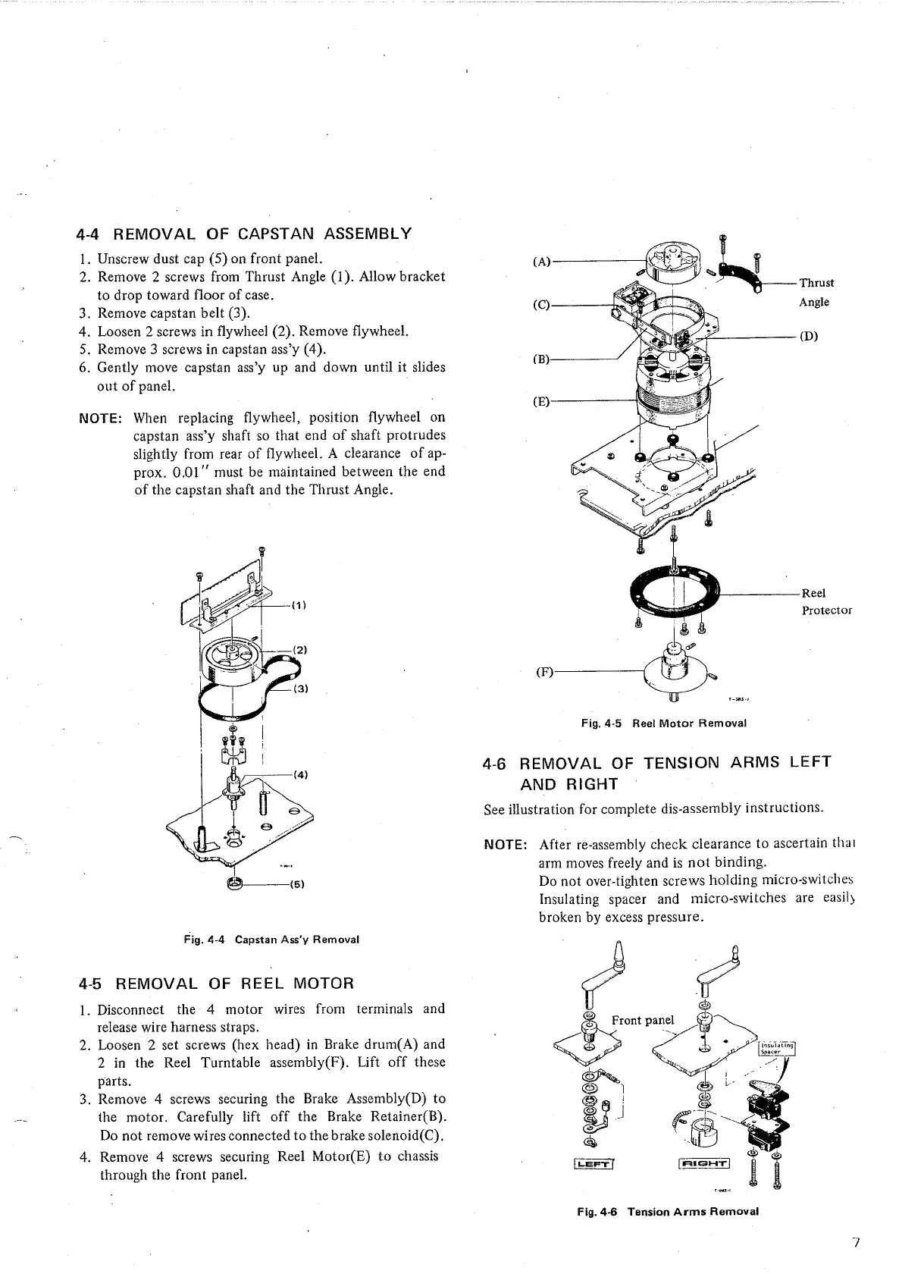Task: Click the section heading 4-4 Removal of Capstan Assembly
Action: click(x=245, y=233)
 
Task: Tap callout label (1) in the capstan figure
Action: click(x=298, y=605)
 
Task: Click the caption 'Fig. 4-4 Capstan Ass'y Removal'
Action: click(x=271, y=940)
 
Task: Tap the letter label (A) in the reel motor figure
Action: click(x=542, y=262)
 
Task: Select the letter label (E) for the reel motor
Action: click(x=541, y=402)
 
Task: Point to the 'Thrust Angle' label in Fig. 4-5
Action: click(x=816, y=292)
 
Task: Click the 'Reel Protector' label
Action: click(x=826, y=601)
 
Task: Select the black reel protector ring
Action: click(x=675, y=591)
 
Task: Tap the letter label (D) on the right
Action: click(x=810, y=337)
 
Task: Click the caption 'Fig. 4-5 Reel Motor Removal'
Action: click(x=663, y=723)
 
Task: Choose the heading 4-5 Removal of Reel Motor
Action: click(x=216, y=984)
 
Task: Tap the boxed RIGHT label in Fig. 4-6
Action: click(x=704, y=1164)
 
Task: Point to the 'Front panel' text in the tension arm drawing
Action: click(x=642, y=1020)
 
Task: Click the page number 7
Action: click(x=855, y=1242)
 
